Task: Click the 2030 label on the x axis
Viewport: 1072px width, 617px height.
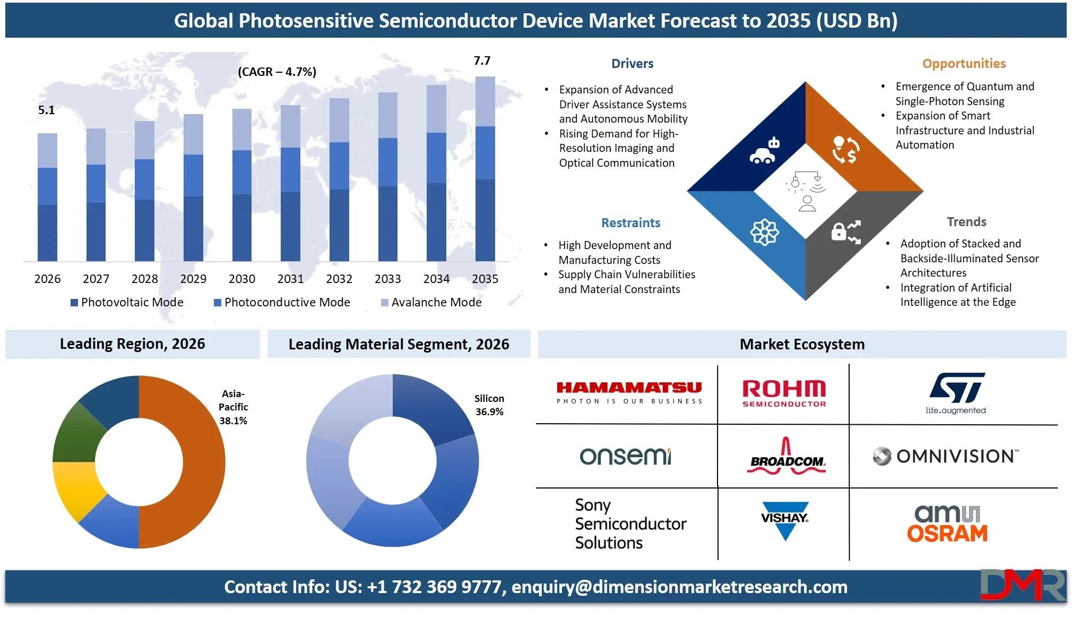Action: coord(242,279)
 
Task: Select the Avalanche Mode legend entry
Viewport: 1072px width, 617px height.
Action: coord(431,302)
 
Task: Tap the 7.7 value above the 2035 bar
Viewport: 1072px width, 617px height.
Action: coord(482,61)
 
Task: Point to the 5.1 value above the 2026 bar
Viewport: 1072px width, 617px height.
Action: coord(47,110)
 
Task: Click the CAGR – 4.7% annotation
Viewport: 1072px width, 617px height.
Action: coord(277,72)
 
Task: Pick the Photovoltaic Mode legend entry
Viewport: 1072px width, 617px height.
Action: coord(127,302)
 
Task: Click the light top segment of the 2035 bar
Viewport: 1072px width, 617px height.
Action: coord(485,101)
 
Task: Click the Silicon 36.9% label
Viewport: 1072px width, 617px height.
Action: coord(489,405)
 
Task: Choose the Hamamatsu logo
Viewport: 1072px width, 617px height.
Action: coord(629,393)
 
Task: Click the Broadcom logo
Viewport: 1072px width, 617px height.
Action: coord(786,456)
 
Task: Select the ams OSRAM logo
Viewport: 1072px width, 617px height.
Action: coord(947,523)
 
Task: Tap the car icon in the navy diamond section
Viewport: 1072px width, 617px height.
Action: coord(764,151)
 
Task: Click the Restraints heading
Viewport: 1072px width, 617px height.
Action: coord(630,223)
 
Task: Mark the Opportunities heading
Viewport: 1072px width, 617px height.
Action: coord(964,64)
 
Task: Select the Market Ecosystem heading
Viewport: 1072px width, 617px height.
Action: coord(802,344)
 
